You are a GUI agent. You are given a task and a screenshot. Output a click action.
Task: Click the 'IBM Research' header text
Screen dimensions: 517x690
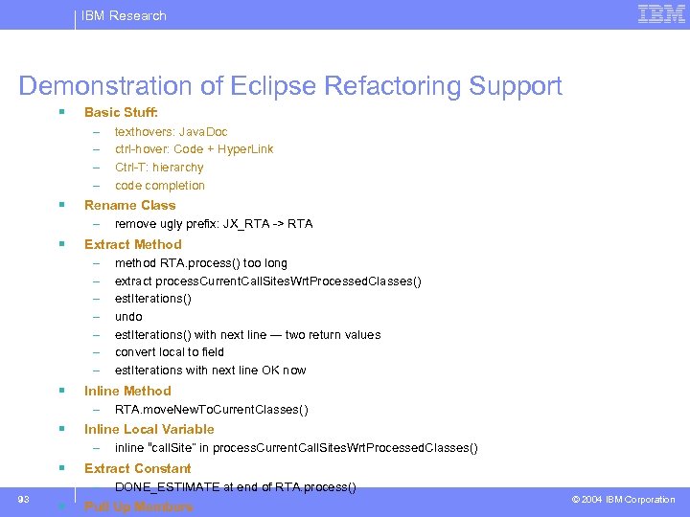pos(124,15)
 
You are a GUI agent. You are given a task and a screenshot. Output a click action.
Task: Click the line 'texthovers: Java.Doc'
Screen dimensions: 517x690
pos(171,131)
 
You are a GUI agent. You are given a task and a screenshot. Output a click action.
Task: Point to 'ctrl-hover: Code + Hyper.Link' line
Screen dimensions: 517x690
pos(194,149)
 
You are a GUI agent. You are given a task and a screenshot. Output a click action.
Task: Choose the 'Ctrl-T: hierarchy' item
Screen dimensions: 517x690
pos(159,168)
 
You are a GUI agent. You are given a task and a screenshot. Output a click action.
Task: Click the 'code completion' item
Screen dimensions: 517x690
pos(160,186)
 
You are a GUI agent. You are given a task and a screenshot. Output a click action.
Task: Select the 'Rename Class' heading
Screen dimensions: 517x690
pos(130,205)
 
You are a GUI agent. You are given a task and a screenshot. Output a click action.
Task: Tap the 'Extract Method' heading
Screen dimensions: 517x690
pos(132,244)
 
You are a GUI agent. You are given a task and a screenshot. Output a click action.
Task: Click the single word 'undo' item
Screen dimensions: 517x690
pos(128,317)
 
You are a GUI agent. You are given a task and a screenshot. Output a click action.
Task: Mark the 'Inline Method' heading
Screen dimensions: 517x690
pos(127,391)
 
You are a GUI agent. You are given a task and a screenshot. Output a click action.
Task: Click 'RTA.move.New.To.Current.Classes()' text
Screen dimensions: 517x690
pos(211,410)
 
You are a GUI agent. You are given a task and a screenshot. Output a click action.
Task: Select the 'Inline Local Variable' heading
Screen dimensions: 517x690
pos(149,429)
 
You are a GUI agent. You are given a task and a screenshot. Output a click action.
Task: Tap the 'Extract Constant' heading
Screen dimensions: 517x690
pos(137,468)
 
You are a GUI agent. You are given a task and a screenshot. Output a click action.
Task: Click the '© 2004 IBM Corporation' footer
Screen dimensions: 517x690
pos(623,500)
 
